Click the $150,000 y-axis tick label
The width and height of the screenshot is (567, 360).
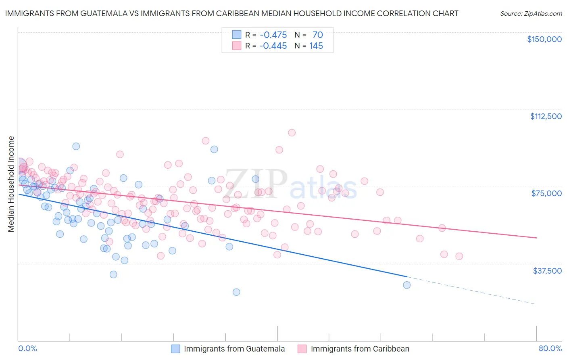(544, 39)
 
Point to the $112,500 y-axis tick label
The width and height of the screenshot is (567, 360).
(546, 116)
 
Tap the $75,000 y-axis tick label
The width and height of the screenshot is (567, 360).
(546, 193)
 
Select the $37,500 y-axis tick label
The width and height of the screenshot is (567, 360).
(547, 271)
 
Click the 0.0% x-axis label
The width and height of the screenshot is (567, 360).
(28, 349)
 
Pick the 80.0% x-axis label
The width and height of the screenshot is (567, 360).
(550, 349)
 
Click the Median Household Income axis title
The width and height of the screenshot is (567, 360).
(11, 184)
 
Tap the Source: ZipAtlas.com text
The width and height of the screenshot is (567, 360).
(531, 13)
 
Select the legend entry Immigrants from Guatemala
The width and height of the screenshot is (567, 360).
(234, 349)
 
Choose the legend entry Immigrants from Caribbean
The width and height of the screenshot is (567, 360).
(360, 349)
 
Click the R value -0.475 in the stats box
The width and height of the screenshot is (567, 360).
(273, 35)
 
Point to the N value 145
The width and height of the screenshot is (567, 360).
(316, 46)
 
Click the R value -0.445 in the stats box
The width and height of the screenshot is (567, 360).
(273, 46)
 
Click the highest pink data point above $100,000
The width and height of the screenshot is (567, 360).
(292, 133)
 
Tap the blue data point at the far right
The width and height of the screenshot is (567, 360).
(406, 285)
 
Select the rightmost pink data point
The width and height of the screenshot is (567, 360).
(459, 256)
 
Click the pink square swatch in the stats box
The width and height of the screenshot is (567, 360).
(236, 46)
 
